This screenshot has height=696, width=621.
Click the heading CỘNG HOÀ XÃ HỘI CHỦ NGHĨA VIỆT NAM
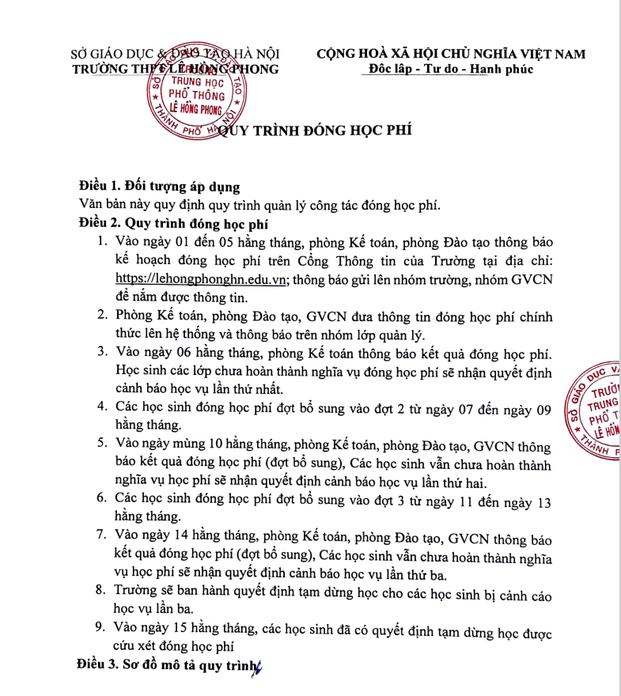[x=451, y=55]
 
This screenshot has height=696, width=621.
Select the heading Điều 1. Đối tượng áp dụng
[x=159, y=187]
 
